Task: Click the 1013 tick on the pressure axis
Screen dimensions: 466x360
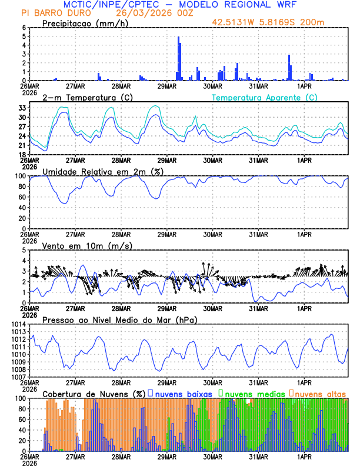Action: (17, 332)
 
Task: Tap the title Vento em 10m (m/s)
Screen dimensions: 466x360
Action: (87, 245)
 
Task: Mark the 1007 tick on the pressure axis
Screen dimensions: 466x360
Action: (17, 377)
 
